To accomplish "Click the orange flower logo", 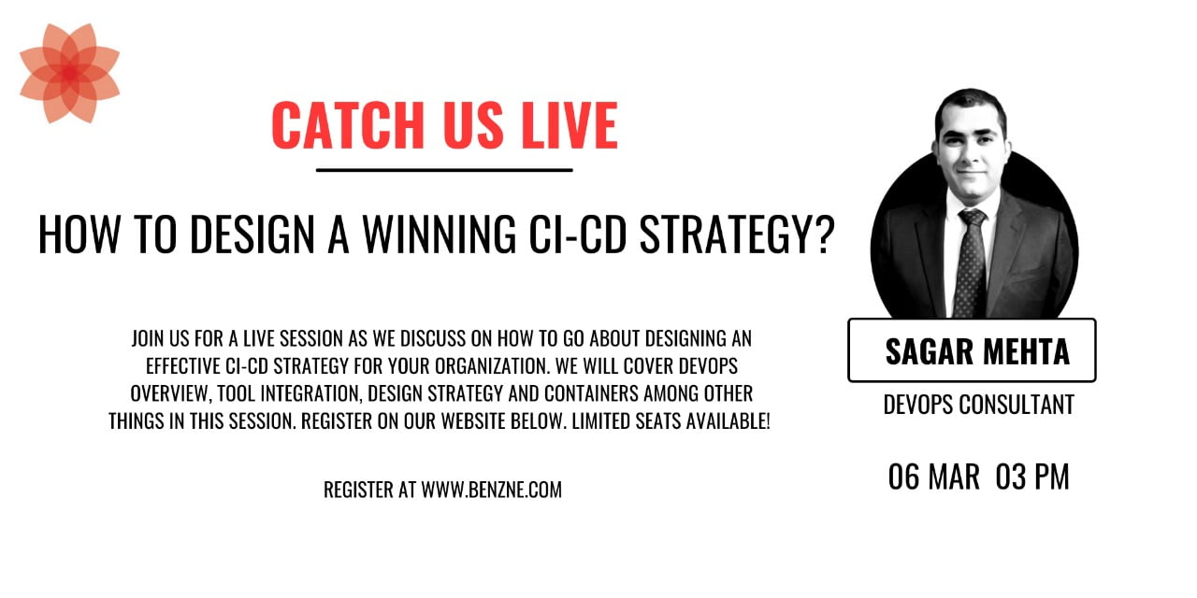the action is pos(69,73).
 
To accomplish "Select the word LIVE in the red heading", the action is pos(570,125).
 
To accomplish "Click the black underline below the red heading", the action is pos(444,170).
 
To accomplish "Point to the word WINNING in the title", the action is pos(440,235).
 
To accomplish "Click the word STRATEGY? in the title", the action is pos(737,235).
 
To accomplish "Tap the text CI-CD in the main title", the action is pos(577,235).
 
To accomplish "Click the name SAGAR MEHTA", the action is pos(977,351).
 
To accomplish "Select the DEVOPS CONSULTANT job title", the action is pos(978,405).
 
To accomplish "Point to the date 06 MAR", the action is pos(933,477).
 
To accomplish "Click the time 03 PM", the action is pos(1032,477).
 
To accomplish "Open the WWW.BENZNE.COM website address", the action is pos(492,490).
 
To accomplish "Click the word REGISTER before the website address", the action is pos(358,490).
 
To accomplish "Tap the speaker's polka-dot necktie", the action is pos(972,263).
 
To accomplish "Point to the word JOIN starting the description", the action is pos(149,338).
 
